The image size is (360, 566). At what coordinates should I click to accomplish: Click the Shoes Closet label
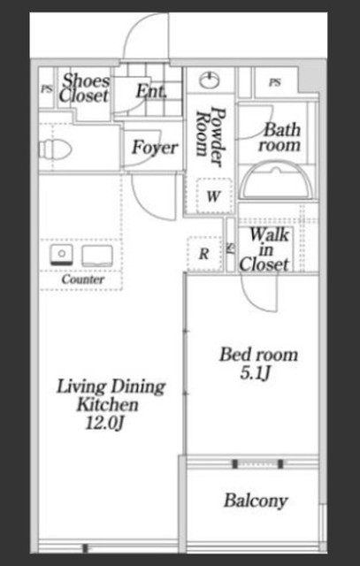pos(85,88)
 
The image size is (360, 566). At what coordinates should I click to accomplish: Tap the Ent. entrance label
pos(151,92)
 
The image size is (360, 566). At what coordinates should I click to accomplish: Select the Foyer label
pos(155,148)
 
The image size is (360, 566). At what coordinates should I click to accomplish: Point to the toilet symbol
pos(55,149)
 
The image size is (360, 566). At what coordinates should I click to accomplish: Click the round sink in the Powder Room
pos(210,80)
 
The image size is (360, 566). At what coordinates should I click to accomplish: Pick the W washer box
pos(214,195)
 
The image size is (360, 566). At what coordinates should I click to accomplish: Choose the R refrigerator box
pos(204,254)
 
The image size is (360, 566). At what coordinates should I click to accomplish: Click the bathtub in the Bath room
pos(277,180)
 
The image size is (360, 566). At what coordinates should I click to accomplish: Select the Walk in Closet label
pos(264,249)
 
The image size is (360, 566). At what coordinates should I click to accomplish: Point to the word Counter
pos(83,279)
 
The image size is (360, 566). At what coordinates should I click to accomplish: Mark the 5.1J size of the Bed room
pos(256,374)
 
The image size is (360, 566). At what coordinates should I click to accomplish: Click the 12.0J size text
pos(104,424)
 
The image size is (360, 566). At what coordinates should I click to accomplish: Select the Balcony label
pos(256,501)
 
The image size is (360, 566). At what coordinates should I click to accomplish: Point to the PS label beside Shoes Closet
pos(46,88)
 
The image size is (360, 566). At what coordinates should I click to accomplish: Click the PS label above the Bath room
pos(274,82)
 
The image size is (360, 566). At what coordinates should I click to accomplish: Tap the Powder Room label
pos(211,136)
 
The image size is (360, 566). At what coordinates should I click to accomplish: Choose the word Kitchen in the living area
pos(107,405)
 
